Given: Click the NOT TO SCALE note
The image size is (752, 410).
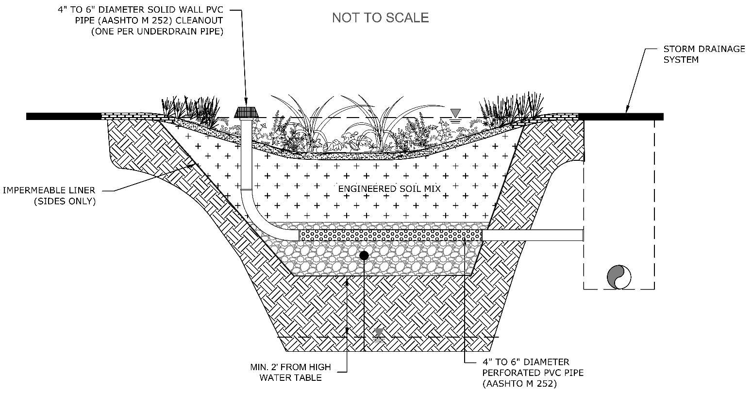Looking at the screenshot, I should [x=380, y=18].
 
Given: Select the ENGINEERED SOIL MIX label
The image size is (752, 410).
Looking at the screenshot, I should [x=389, y=188].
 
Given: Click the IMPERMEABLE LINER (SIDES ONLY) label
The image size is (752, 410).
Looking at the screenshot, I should [x=49, y=196].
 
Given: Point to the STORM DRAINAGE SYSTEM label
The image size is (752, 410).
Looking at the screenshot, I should [x=704, y=54].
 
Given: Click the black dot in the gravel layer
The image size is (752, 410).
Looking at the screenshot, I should [x=364, y=255].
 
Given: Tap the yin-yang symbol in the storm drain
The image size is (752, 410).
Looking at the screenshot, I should [x=619, y=277].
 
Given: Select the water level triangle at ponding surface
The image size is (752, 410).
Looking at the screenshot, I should [x=455, y=113].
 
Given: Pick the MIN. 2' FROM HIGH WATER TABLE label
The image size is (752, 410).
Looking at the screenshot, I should [x=290, y=372].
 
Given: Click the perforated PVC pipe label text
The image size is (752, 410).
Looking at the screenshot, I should [x=533, y=373].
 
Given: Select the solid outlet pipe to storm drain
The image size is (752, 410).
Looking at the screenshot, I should [x=533, y=235].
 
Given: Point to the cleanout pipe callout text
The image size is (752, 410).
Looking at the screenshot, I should [x=141, y=21].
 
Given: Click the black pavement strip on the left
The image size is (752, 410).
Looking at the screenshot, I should [x=63, y=117].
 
